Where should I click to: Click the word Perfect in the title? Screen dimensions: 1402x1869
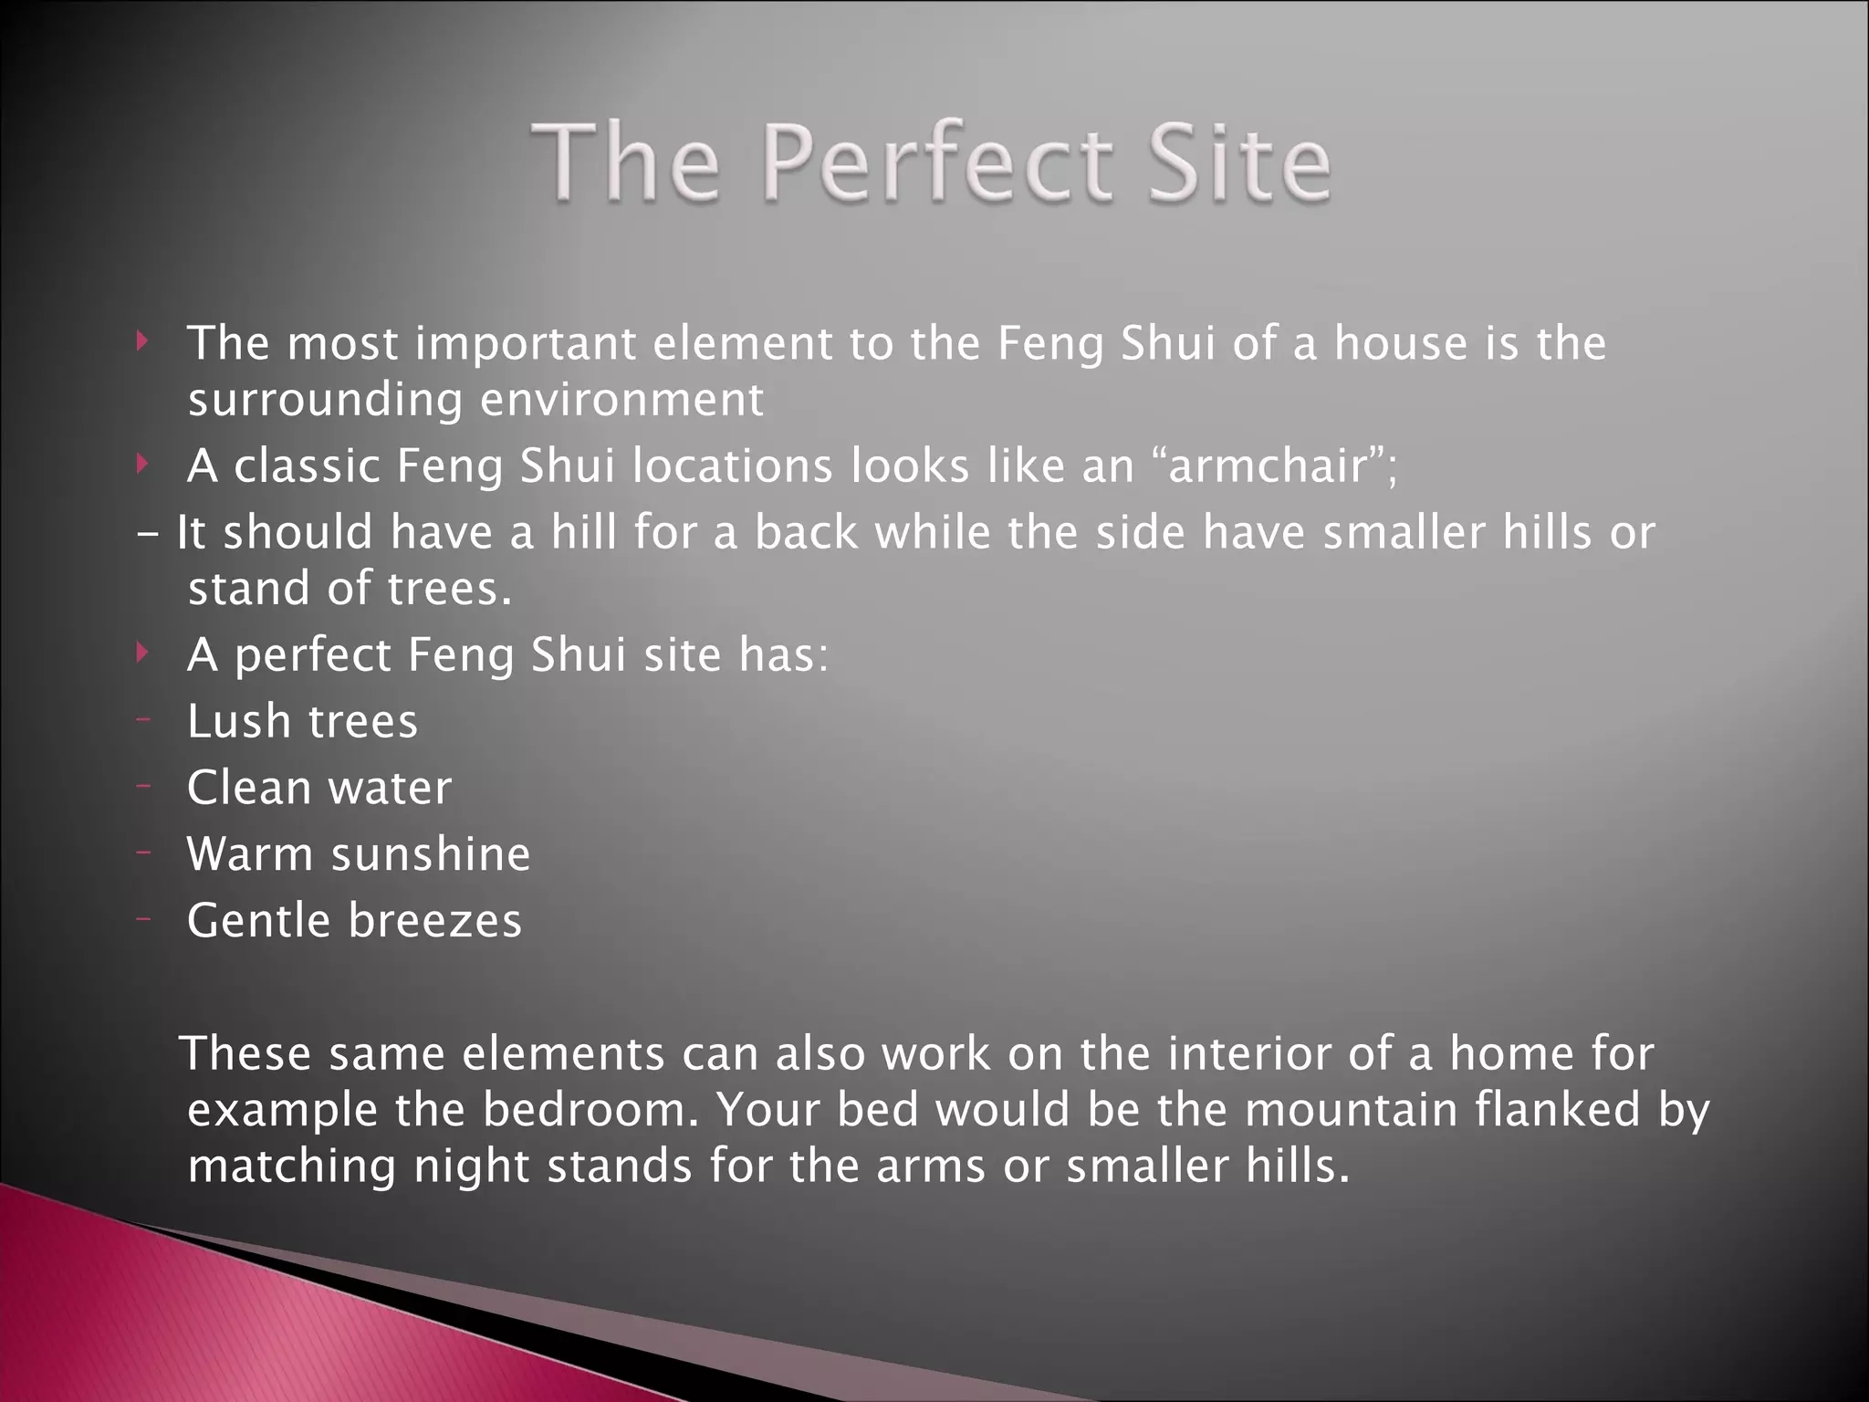pyautogui.click(x=936, y=164)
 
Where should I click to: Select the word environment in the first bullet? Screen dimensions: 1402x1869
pyautogui.click(x=621, y=400)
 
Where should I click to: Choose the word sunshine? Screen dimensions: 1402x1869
pyautogui.click(x=431, y=854)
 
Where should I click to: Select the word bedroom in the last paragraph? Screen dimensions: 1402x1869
pyautogui.click(x=591, y=1111)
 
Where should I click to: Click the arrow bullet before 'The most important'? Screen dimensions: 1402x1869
pyautogui.click(x=141, y=342)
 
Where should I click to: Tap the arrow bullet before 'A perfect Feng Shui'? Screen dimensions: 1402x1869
pyautogui.click(x=141, y=653)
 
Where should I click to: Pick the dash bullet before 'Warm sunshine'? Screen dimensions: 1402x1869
pyautogui.click(x=142, y=853)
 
